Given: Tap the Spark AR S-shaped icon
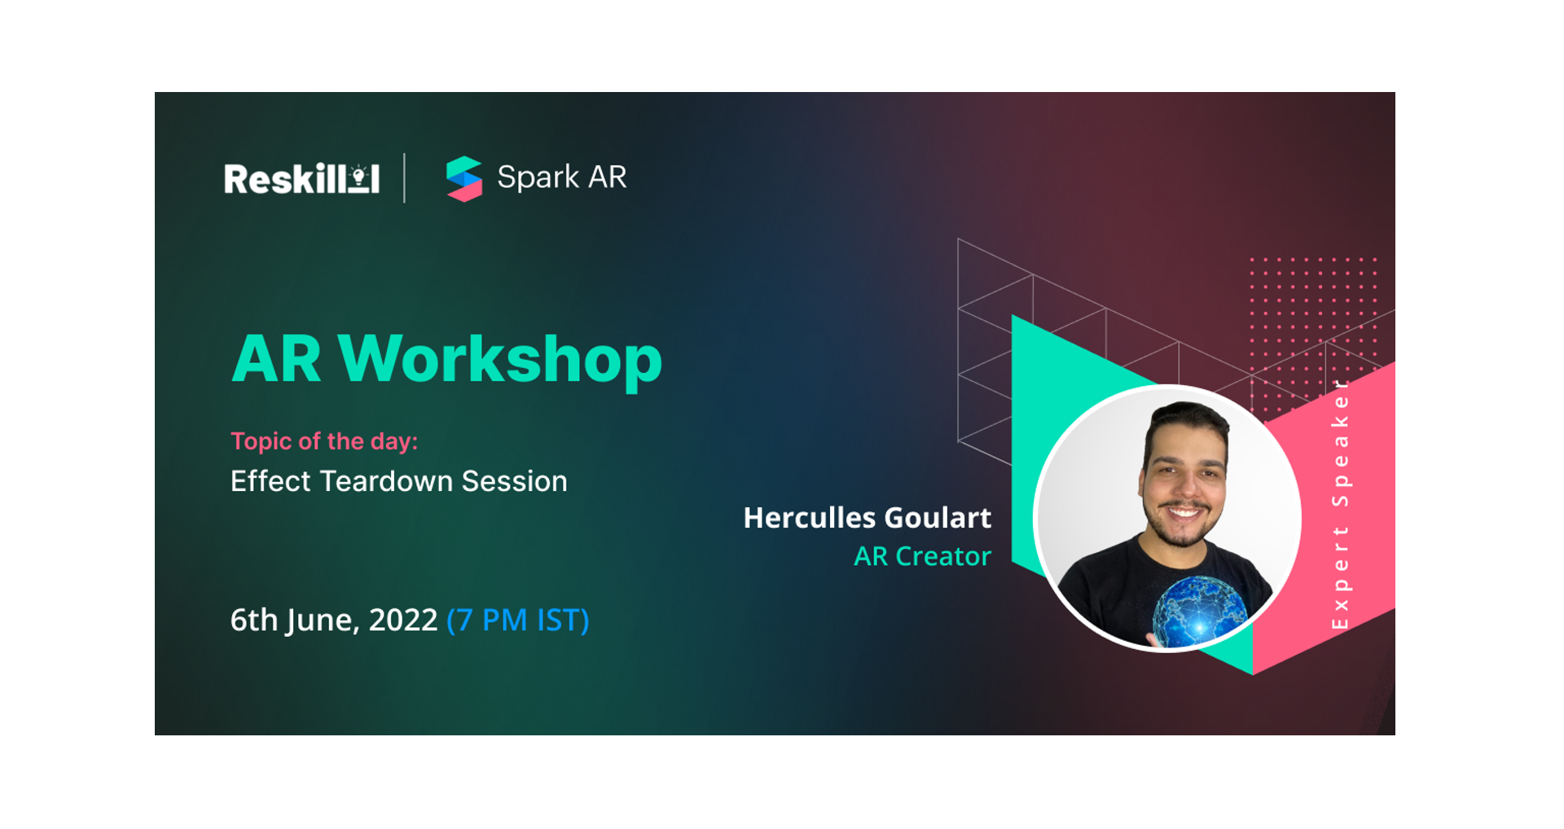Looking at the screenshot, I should pos(464,178).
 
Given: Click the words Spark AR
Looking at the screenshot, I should pos(561,177).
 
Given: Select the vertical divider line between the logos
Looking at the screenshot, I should pos(404,178).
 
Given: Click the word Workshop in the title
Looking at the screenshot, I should pos(500,359).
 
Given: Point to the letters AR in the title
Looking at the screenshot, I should pos(277,359).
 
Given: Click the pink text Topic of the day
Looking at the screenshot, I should pos(323,441).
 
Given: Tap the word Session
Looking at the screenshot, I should pos(514,481).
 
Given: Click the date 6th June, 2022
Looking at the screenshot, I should pos(333,621).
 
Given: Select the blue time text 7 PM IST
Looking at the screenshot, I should pos(517,621).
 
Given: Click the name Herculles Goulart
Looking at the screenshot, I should pos(867,518).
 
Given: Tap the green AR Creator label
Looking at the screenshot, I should pos(922,556).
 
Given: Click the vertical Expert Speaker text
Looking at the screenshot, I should pos(1340,505).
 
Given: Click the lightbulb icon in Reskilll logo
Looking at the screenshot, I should pos(358,175).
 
